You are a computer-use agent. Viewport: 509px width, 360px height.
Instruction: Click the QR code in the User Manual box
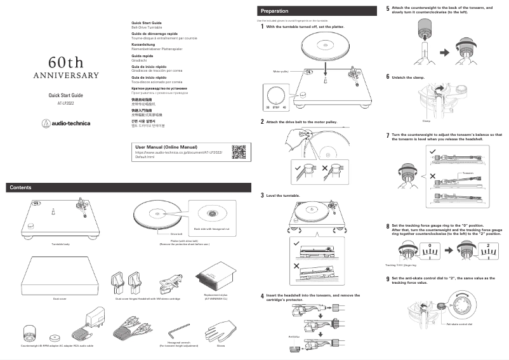point(238,152)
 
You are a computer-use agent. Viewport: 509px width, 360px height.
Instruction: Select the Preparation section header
point(274,11)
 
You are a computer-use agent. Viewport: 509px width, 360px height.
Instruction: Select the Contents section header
point(21,187)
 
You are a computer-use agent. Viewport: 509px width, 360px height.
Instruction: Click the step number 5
point(388,9)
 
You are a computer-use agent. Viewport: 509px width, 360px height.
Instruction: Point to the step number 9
point(388,279)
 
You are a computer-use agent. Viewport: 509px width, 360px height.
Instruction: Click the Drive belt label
point(176,234)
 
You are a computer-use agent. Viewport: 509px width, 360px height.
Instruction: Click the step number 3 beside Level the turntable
point(263,195)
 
